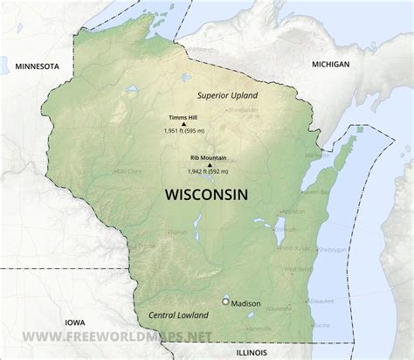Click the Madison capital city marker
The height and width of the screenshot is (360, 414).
[x=226, y=301]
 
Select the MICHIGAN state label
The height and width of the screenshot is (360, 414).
[x=330, y=65]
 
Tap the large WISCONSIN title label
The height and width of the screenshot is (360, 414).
[x=205, y=194]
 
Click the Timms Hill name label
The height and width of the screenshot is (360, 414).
[x=182, y=117]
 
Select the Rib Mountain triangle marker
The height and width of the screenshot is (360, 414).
[x=209, y=163]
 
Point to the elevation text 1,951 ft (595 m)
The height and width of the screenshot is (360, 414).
[x=183, y=130]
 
